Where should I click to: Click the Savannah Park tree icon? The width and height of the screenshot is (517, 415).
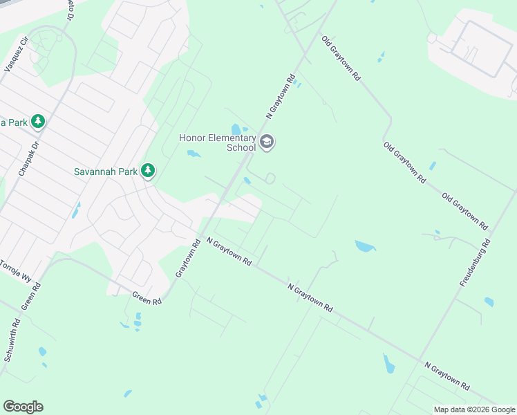[147, 171]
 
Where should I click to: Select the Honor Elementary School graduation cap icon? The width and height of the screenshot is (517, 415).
[267, 143]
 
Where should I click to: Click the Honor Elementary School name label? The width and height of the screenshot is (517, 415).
[217, 142]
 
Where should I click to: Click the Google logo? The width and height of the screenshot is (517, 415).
[23, 407]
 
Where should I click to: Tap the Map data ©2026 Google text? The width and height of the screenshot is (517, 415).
[473, 409]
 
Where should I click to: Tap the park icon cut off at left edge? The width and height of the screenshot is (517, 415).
[38, 122]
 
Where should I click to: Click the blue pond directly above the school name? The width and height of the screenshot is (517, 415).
[236, 129]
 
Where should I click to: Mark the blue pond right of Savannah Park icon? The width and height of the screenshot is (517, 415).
[194, 154]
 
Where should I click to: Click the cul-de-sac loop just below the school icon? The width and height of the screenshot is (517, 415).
[270, 178]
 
